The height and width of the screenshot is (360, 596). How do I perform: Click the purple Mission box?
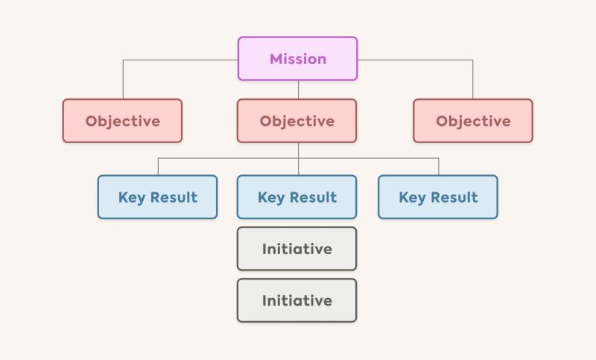point(297,59)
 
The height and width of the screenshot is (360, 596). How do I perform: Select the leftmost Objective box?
point(122,121)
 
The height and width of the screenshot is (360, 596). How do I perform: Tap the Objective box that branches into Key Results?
point(297,121)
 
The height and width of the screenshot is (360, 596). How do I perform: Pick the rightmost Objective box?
point(473,121)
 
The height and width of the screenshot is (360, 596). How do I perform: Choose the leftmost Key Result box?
point(157,197)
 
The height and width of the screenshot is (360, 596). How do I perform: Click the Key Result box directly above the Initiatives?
point(297,197)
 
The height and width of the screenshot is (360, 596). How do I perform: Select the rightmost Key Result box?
point(438,197)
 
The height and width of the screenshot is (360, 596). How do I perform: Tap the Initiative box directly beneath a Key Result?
point(297,249)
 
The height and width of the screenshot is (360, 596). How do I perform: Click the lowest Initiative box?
point(297,300)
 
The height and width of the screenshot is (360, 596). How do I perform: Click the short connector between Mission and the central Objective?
point(299,89)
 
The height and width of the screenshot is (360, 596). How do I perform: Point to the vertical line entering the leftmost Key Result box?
point(158,166)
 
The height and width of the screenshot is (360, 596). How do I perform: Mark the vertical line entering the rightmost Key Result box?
point(439,166)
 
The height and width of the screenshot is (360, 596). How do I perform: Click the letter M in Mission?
point(276,59)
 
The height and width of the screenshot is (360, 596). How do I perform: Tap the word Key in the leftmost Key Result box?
point(132,198)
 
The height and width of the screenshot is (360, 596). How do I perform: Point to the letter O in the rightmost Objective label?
point(442,121)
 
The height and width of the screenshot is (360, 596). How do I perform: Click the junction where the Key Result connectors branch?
point(299,158)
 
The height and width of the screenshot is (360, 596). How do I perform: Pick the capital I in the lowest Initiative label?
point(264,300)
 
